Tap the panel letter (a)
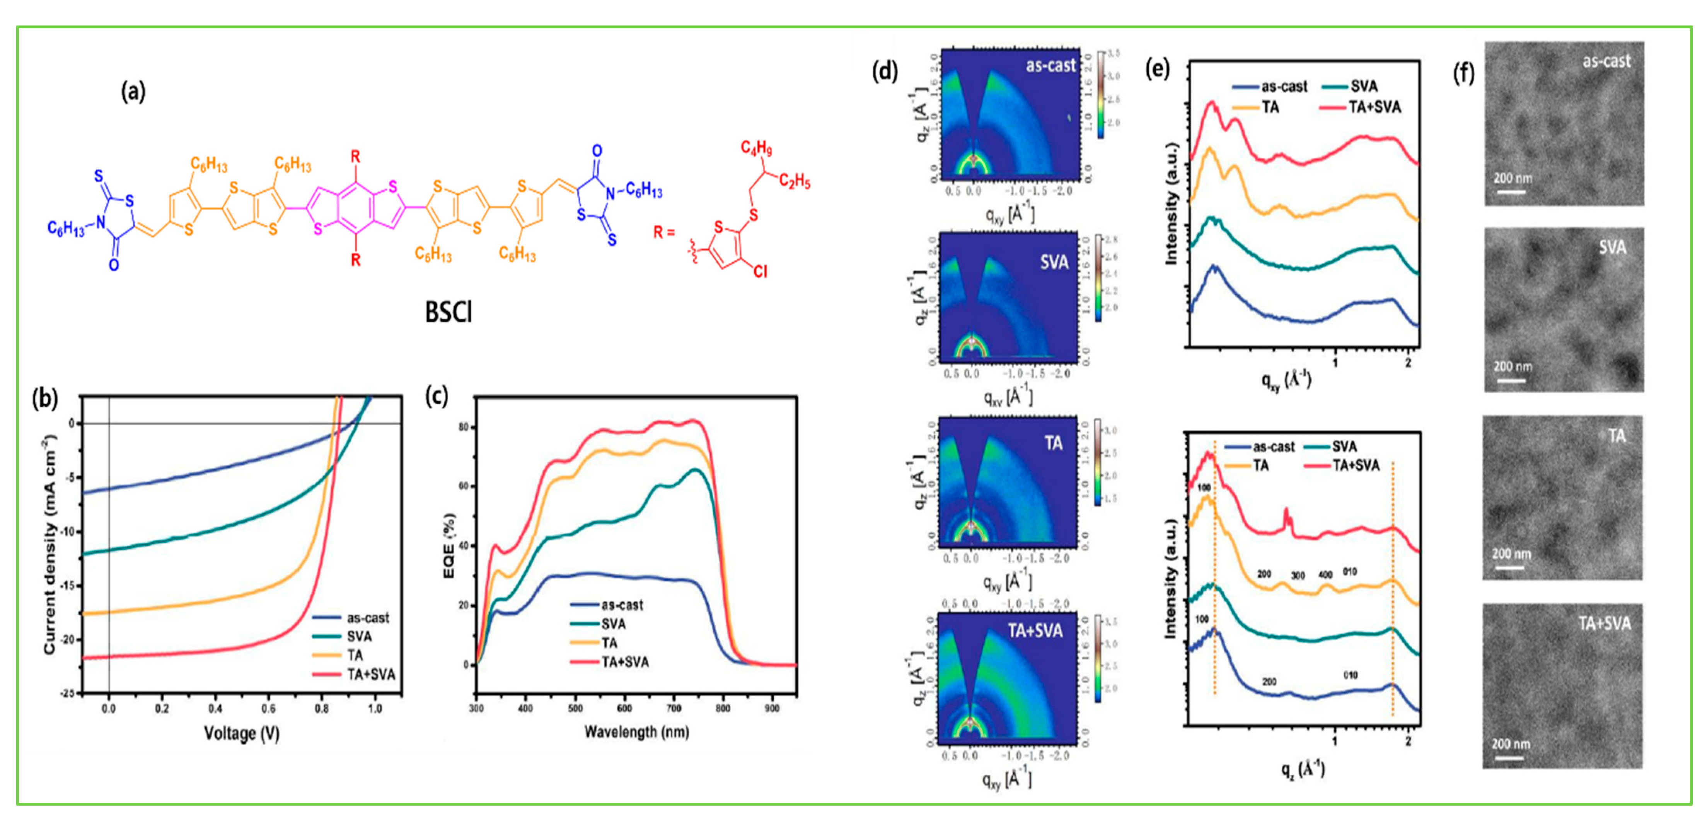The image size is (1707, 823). point(133,92)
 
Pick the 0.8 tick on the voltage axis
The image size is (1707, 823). point(321,708)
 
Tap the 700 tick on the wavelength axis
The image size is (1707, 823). point(673,708)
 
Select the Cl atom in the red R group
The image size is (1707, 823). point(760,272)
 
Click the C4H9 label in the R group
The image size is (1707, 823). point(756,148)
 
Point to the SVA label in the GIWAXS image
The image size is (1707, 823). point(1054,263)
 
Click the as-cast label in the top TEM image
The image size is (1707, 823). point(1606,61)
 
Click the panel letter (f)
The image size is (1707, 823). point(1463,73)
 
